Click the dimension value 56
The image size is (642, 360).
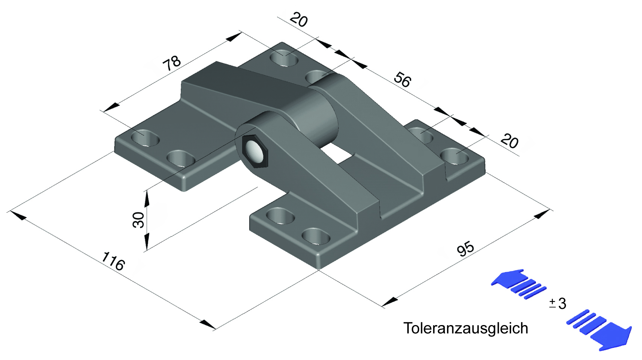[403, 80]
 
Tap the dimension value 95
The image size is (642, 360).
[465, 248]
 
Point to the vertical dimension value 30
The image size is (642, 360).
[139, 220]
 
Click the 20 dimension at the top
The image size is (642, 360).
[299, 20]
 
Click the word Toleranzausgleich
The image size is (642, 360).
[466, 328]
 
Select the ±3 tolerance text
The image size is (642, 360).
[558, 303]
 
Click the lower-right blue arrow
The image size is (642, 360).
[605, 333]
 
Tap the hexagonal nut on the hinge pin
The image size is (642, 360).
[255, 151]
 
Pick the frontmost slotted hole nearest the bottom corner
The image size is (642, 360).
[316, 236]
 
